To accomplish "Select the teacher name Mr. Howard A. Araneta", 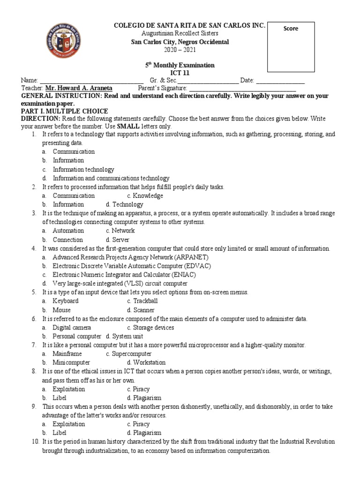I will pos(79,88).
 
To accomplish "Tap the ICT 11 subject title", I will pos(180,73).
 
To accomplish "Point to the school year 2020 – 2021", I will pos(180,50).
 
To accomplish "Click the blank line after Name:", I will pos(92,81).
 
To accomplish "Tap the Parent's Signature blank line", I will pos(242,88).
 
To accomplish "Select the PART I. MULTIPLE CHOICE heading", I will pos(65,111).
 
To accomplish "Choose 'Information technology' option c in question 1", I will pos(83,169).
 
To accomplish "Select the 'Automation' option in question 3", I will pos(68,231).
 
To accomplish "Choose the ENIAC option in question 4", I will pos(124,275).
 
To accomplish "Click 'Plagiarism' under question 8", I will pos(147,397).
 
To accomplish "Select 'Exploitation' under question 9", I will pos(69,424).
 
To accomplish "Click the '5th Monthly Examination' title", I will pos(180,65).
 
